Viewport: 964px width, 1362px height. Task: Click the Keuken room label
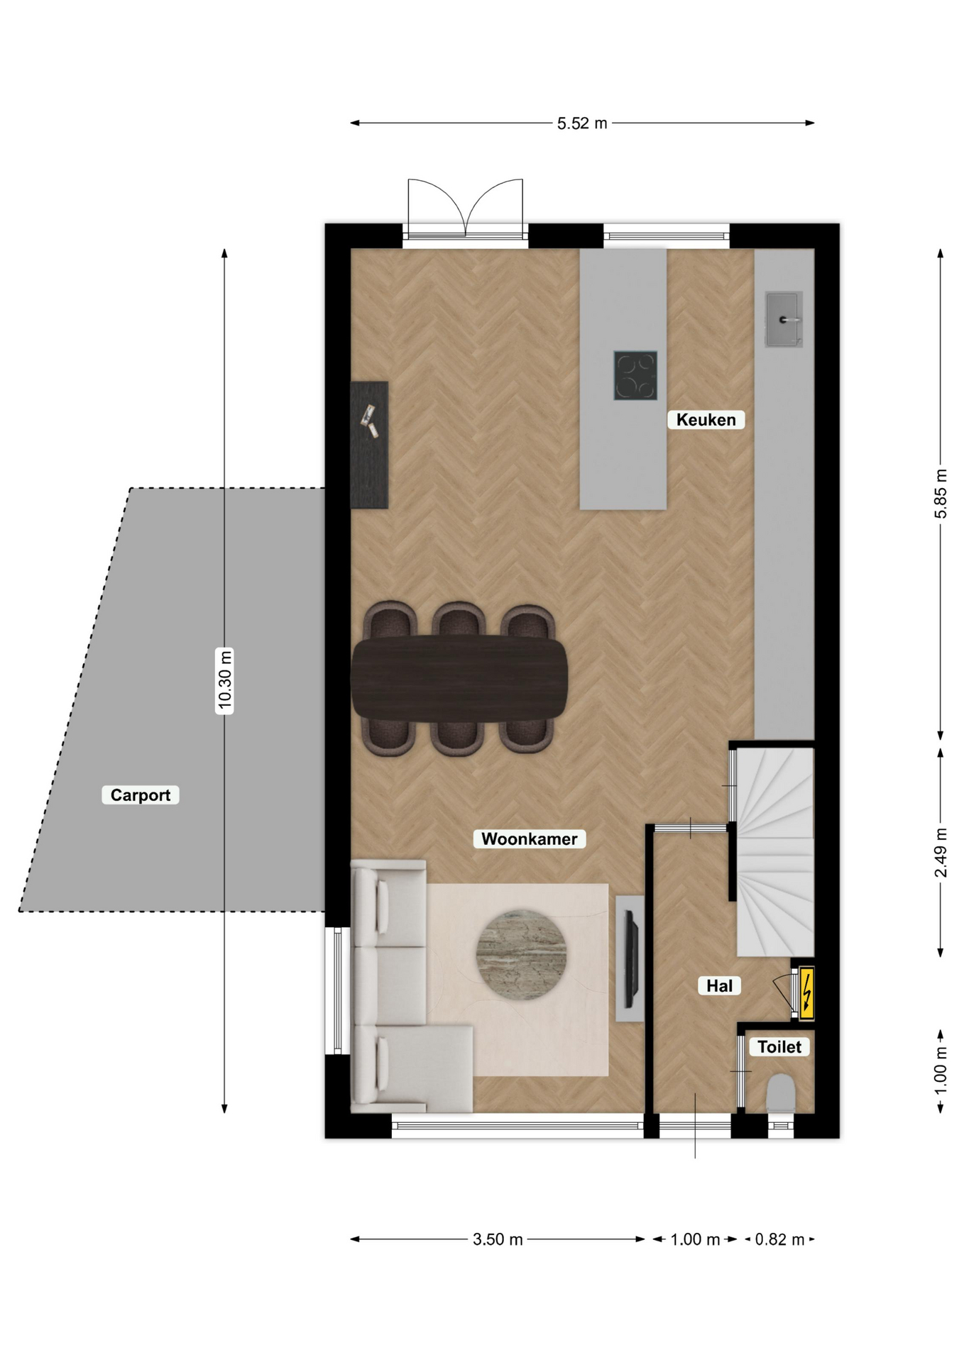tap(706, 419)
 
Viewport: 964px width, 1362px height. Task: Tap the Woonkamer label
tap(529, 838)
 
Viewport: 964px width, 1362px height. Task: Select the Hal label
tap(719, 985)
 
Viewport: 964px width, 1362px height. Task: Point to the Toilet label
tap(779, 1046)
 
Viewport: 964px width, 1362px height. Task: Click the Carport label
tap(140, 794)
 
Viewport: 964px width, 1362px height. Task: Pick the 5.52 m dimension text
tap(582, 123)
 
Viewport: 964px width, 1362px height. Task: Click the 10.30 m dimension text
tap(224, 680)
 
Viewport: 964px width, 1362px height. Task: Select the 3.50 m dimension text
tap(498, 1239)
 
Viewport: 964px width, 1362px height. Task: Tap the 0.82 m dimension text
tap(779, 1239)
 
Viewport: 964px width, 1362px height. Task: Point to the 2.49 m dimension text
tap(941, 852)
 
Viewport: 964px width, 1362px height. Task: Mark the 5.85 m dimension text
tap(941, 494)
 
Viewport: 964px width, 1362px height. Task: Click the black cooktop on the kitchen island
tap(635, 375)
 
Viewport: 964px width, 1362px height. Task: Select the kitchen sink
tap(784, 319)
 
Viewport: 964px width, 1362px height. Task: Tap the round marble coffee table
tap(521, 955)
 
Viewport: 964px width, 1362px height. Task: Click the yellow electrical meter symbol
tap(806, 992)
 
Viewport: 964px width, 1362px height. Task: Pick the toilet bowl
tap(781, 1093)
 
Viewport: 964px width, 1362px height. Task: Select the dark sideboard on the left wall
tap(369, 445)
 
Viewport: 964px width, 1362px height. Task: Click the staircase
tap(774, 852)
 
